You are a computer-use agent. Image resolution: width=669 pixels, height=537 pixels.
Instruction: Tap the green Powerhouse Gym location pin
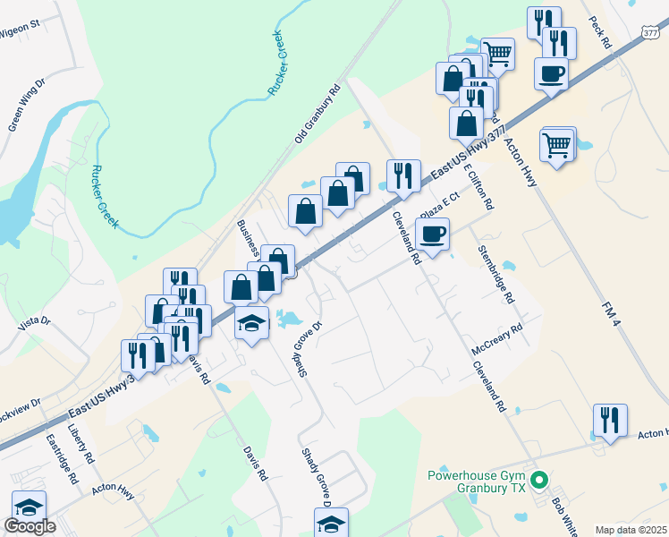(x=538, y=482)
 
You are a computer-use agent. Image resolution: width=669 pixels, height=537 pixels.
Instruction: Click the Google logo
(x=30, y=526)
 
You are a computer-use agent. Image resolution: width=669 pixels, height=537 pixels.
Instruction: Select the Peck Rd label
(x=599, y=30)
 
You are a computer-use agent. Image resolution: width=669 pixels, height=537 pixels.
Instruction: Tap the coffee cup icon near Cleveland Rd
(x=432, y=234)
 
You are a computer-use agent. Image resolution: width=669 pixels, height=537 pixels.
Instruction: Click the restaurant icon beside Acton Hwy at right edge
(x=610, y=420)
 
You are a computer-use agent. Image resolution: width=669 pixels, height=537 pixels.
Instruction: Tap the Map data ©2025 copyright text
(x=631, y=530)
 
